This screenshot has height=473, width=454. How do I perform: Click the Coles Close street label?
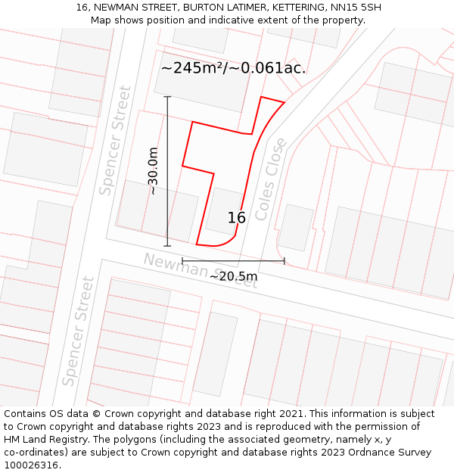[x=271, y=179]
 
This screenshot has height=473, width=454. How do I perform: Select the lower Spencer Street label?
[x=79, y=331]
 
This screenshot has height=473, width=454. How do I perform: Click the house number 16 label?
[x=237, y=218]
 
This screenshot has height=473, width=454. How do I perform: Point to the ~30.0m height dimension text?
[x=153, y=171]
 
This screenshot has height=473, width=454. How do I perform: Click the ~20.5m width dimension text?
[x=233, y=277]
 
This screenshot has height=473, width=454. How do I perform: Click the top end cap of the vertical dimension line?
[x=167, y=97]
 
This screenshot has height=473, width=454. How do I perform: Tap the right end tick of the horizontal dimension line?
[x=285, y=261]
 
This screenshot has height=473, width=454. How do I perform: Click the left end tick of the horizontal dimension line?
[x=182, y=261]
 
